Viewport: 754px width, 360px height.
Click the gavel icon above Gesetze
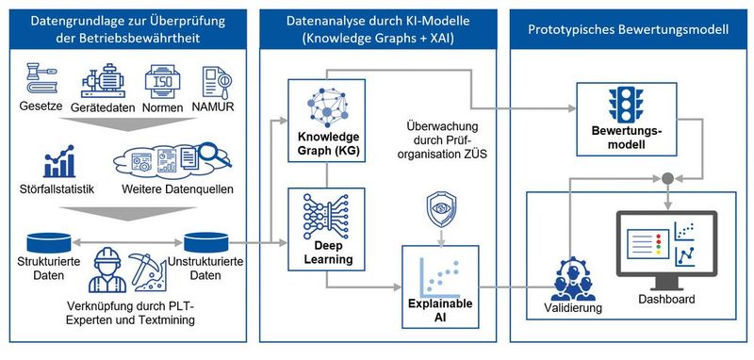tap(37, 78)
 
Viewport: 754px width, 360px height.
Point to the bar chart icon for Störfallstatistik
tap(64, 158)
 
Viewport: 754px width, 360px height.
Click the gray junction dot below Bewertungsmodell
tap(667, 177)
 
